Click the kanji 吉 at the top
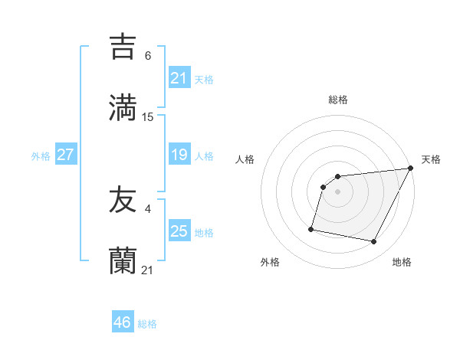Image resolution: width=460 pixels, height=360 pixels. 123,47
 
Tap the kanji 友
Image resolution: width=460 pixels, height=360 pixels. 123,201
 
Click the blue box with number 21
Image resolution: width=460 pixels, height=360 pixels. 179,78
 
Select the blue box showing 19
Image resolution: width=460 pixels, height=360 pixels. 179,155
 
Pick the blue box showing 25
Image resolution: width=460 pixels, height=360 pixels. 179,231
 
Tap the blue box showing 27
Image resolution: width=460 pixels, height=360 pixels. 65,155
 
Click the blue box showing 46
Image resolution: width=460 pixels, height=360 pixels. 122,322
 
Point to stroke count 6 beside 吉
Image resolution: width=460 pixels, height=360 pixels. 148,56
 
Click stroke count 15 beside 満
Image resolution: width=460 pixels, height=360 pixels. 148,117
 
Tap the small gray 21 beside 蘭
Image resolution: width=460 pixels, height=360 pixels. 148,270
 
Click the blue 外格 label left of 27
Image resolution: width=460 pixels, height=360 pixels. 41,155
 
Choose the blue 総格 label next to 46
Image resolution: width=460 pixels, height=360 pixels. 147,324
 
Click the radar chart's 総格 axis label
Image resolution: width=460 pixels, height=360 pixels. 337,100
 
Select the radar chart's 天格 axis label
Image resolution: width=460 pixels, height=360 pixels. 431,159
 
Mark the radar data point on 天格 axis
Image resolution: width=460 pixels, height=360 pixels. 410,169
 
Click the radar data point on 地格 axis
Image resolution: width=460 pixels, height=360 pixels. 373,242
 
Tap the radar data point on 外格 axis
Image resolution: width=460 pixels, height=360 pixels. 311,228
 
